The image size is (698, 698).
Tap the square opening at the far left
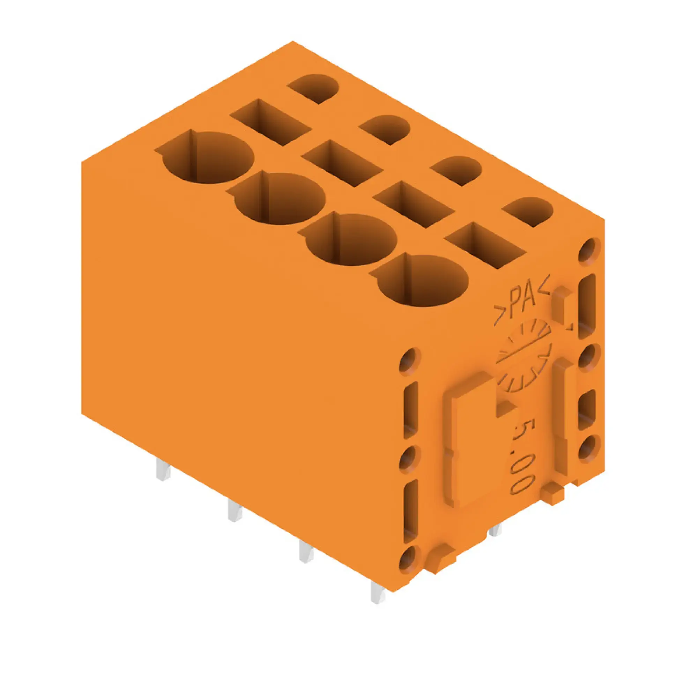pyautogui.click(x=271, y=122)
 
